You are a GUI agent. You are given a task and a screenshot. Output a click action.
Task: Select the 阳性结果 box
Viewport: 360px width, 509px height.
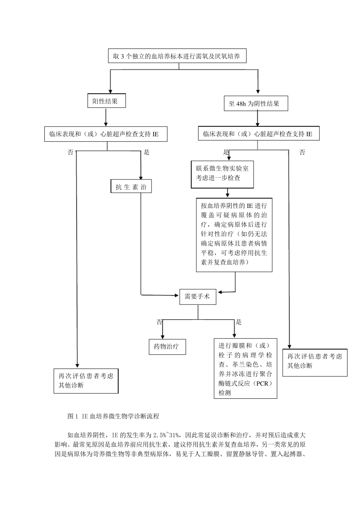(106, 101)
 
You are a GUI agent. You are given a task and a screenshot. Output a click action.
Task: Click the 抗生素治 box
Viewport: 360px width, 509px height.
(131, 187)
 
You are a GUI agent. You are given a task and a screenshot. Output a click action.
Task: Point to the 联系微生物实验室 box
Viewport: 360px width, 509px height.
(222, 173)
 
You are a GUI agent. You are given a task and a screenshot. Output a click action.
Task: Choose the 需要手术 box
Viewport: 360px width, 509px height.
(197, 297)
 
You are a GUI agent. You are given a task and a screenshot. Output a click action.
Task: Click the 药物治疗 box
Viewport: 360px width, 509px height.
(167, 347)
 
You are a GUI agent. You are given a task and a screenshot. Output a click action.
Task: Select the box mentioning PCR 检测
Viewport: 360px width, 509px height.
(245, 369)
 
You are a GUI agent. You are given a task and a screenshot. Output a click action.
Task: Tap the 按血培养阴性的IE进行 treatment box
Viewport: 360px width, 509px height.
(234, 234)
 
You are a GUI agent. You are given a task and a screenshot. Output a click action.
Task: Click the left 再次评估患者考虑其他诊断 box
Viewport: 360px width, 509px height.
(86, 381)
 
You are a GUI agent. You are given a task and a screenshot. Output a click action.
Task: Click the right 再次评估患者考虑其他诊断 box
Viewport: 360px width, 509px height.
(315, 361)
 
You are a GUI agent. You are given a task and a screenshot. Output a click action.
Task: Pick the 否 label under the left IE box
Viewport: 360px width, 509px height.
(70, 153)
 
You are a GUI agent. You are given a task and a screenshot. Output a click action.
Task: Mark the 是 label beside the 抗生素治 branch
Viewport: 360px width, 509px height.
(147, 153)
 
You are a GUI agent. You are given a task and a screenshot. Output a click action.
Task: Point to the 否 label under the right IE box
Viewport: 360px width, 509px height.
(302, 153)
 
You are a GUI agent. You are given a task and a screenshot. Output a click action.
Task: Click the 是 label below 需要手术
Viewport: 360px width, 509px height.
(239, 322)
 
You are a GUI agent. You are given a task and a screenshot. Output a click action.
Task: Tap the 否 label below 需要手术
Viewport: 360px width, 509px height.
(159, 322)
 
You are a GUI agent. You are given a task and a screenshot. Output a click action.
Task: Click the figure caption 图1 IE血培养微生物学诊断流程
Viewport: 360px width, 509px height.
(113, 416)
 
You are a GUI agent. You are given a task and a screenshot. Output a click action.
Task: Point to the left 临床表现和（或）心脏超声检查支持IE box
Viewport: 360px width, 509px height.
(106, 134)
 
